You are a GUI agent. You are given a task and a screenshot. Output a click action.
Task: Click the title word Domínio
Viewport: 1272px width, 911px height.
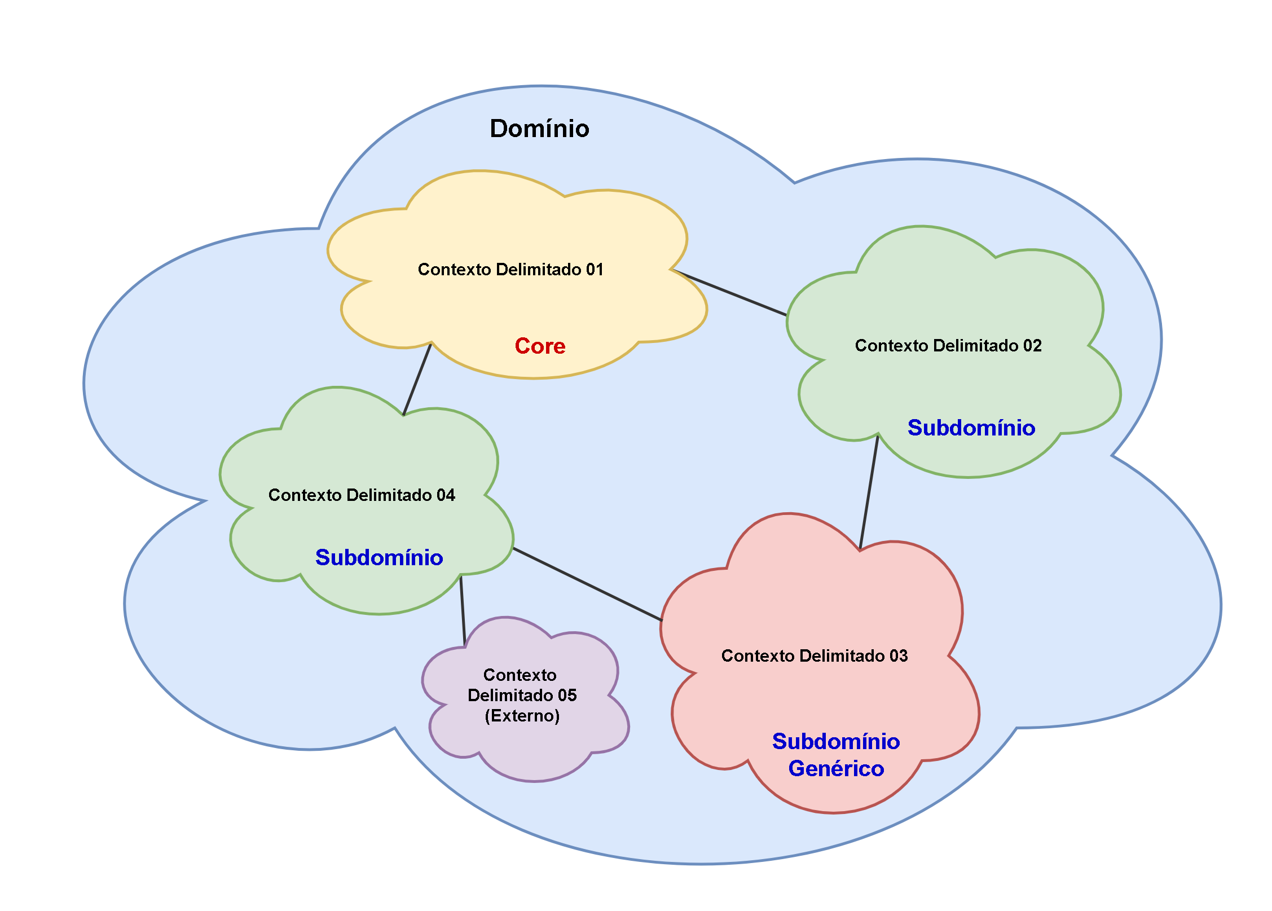coord(539,129)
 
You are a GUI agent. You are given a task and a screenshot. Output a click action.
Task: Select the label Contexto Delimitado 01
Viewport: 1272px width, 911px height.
coord(510,270)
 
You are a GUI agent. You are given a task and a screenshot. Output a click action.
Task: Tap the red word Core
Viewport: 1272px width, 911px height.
coord(540,346)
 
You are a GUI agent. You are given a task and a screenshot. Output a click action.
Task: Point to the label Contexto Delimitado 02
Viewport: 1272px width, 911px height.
coord(948,346)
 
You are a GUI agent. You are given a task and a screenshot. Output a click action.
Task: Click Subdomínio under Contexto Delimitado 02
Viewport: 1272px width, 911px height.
coord(971,428)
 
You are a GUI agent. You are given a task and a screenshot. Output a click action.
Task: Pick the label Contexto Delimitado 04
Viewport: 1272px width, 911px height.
coord(362,495)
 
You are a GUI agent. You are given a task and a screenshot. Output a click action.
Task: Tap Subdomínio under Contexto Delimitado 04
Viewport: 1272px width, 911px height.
coord(379,558)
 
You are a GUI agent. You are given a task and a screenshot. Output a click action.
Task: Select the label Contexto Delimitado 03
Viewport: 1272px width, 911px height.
coord(814,656)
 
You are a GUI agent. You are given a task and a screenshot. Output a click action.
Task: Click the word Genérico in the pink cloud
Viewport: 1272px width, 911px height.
coord(836,769)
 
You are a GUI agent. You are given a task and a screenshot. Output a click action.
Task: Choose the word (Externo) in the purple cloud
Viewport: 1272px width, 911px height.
coord(522,716)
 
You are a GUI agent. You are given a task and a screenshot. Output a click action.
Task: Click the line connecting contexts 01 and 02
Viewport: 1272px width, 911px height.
coord(730,293)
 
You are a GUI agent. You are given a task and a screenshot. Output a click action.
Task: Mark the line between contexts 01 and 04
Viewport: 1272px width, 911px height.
coord(417,379)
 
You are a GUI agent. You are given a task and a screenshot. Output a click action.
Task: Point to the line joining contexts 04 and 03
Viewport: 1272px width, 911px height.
coord(587,584)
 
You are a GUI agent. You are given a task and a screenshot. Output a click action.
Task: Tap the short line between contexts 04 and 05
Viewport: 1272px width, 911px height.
coord(463,610)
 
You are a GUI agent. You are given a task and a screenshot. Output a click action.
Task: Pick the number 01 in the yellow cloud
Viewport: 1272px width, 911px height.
coord(595,270)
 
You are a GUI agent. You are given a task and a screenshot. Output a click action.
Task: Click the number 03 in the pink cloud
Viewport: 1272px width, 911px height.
coord(899,656)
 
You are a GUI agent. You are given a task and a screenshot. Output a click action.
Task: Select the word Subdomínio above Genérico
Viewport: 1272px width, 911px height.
coord(836,742)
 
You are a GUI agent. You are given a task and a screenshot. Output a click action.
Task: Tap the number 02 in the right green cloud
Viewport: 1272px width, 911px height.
coord(1032,346)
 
